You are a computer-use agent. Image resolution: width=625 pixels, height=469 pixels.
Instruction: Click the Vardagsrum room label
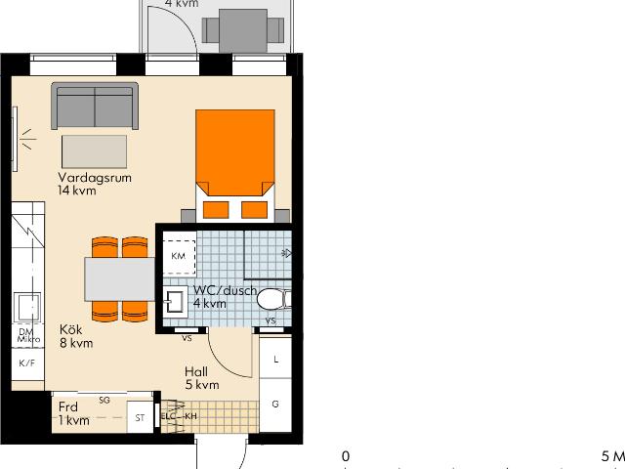pyautogui.click(x=95, y=178)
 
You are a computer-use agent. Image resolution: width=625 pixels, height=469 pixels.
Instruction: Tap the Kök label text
pyautogui.click(x=70, y=329)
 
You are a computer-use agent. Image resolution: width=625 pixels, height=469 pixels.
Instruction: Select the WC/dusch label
pyautogui.click(x=225, y=290)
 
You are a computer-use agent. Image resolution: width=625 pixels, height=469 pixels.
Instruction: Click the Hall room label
pyautogui.click(x=196, y=371)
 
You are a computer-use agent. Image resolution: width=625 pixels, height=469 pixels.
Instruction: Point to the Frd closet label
pyautogui.click(x=68, y=407)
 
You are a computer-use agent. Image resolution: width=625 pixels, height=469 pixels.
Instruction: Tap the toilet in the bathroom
pyautogui.click(x=272, y=299)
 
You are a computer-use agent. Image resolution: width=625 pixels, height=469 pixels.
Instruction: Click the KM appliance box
pyautogui.click(x=178, y=256)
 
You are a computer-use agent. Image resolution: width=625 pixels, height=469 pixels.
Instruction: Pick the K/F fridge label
pyautogui.click(x=27, y=363)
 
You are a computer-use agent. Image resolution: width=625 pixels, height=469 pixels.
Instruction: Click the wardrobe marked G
pyautogui.click(x=275, y=404)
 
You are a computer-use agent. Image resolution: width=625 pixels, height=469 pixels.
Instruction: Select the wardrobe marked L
pyautogui.click(x=275, y=360)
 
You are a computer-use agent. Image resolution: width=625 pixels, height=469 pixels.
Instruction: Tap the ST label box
pyautogui.click(x=141, y=418)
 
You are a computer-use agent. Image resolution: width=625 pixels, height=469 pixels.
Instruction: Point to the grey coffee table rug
pyautogui.click(x=95, y=151)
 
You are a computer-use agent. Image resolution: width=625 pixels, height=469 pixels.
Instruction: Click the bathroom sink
pyautogui.click(x=177, y=301)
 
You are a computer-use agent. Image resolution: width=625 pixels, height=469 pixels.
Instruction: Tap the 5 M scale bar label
pyautogui.click(x=612, y=456)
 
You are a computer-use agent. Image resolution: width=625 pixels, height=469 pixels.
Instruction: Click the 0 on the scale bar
pyautogui.click(x=345, y=456)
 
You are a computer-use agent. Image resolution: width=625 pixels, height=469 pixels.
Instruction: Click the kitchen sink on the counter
pyautogui.click(x=27, y=307)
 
